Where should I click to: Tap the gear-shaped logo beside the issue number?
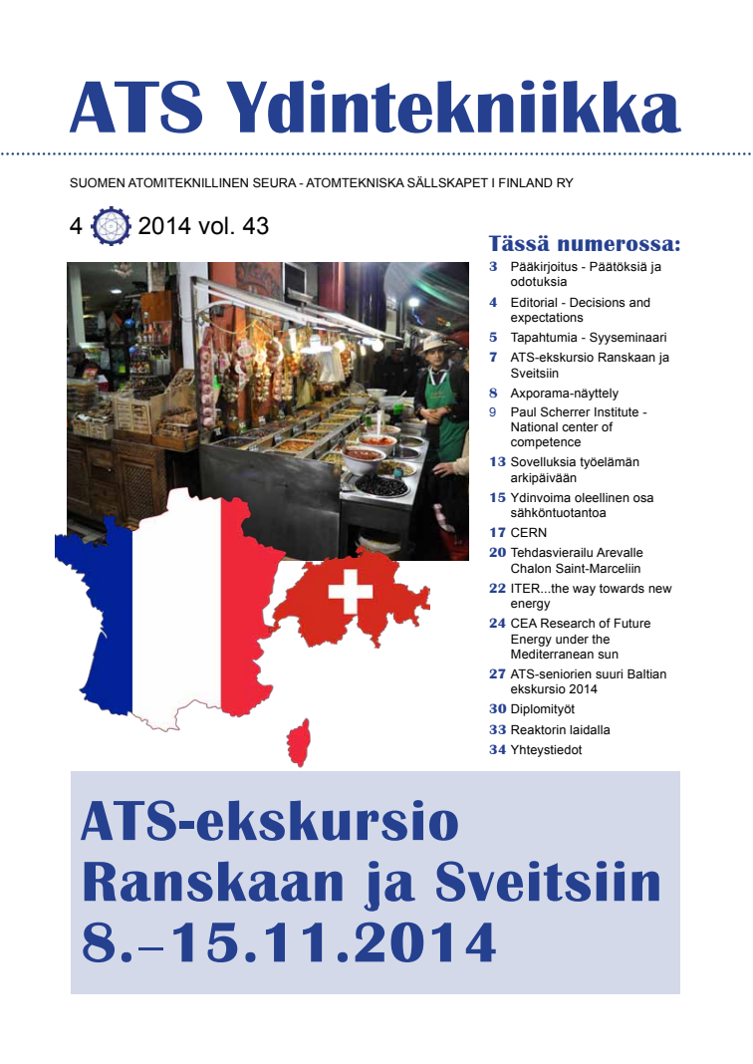click(111, 227)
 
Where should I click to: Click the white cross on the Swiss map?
click(351, 592)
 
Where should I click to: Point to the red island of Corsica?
click(298, 743)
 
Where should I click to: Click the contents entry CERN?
click(528, 533)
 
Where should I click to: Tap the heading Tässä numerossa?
click(585, 244)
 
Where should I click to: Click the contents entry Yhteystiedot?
click(546, 750)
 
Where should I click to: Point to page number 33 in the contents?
click(497, 730)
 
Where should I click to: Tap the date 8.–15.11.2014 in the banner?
click(289, 942)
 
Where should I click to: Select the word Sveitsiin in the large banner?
click(549, 883)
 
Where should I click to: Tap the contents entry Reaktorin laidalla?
click(560, 730)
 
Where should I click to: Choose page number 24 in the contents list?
click(497, 624)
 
